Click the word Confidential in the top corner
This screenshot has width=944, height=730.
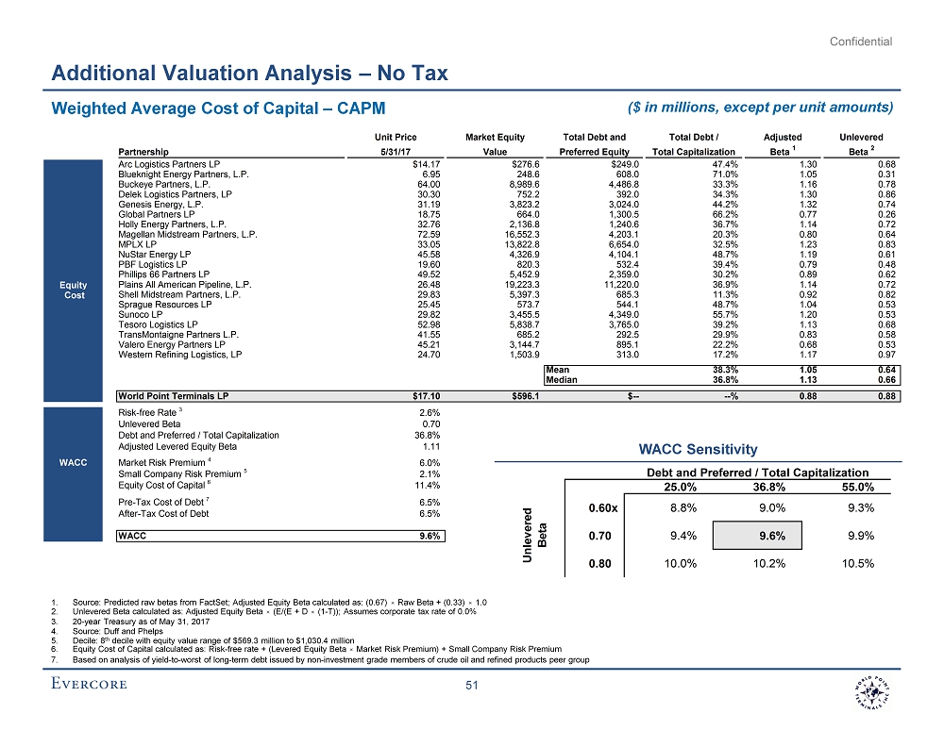[x=862, y=41]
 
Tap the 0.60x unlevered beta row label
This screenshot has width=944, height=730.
[x=603, y=507]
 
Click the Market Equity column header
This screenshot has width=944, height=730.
[x=496, y=138]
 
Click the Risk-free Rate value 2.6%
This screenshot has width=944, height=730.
[x=430, y=412]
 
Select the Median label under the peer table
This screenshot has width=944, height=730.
[x=558, y=381]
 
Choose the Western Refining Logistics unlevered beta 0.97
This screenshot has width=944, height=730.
[x=885, y=355]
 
